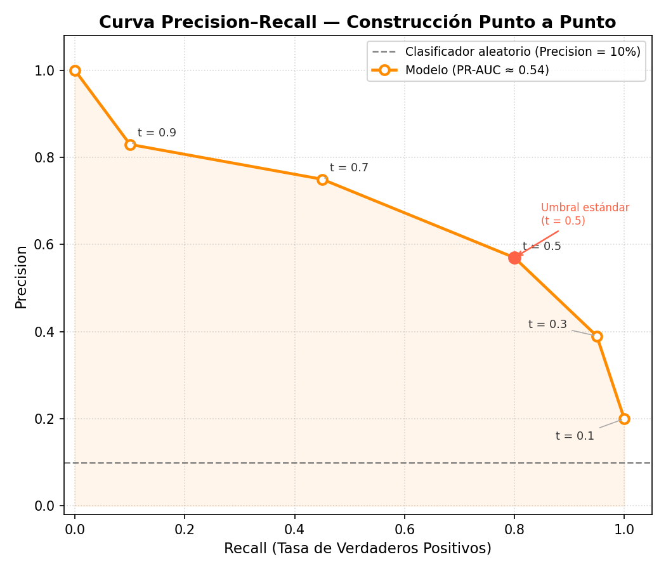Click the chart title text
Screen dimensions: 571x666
[x=357, y=22]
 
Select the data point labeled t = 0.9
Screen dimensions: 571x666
[x=130, y=145]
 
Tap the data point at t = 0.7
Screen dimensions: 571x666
[x=322, y=180]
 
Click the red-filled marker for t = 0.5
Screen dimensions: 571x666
[x=514, y=258]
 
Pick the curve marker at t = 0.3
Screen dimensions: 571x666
[x=597, y=336]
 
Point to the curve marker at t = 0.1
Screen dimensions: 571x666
[x=624, y=419]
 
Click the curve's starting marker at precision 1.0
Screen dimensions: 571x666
[x=75, y=70]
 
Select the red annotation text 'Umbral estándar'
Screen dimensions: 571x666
[x=585, y=207]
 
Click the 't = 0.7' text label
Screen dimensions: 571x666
[x=349, y=168]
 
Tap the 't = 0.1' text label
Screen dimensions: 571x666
[x=575, y=436]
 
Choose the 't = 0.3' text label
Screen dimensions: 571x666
[x=547, y=324]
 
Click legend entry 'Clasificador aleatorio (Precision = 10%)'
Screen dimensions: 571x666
[x=523, y=51]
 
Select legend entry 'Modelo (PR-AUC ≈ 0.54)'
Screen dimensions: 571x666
[x=477, y=70]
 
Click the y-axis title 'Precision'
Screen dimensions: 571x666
[x=22, y=277]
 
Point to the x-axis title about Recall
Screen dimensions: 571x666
[x=357, y=548]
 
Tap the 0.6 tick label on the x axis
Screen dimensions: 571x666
[x=405, y=528]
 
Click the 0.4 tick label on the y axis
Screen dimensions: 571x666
[x=46, y=332]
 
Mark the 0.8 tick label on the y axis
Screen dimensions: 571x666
[x=46, y=157]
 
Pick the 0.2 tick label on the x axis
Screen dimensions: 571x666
[x=185, y=528]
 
